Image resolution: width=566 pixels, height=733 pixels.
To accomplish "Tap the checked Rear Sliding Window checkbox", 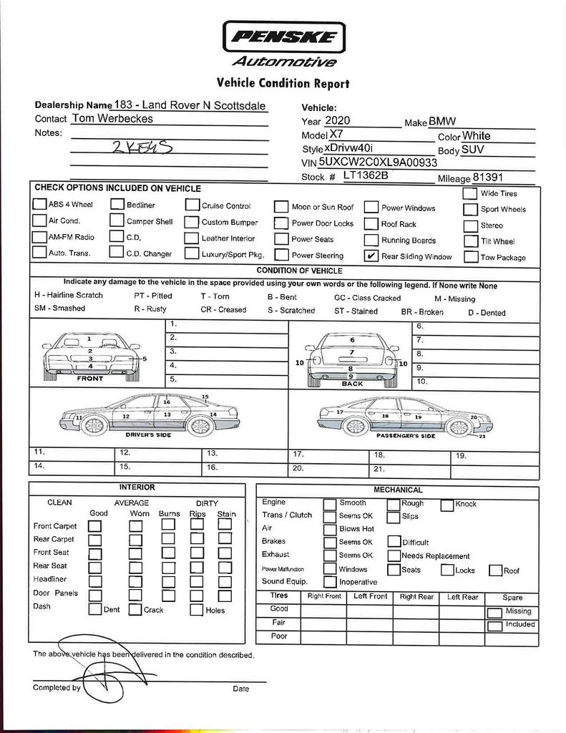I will coord(371,256).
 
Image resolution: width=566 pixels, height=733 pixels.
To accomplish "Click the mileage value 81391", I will coord(488,178).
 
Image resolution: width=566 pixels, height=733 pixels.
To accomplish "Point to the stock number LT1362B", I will coord(365,175).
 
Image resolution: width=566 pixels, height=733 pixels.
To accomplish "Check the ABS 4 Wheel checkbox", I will coord(39,205).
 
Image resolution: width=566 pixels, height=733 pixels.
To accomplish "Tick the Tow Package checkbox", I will coord(470,257).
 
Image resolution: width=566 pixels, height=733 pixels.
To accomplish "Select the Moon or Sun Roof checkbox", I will coord(281,208).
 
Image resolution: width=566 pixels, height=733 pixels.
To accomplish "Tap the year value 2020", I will coord(337,121).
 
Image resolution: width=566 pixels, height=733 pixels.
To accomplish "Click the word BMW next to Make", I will coord(442,122).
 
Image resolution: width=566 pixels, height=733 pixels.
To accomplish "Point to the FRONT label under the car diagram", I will coord(89,379).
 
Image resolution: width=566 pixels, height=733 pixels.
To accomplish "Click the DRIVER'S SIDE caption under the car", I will coord(148,435).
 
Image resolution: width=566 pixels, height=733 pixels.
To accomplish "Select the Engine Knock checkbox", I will coord(447,505).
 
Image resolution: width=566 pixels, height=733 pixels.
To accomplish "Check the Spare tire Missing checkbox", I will coord(494,613).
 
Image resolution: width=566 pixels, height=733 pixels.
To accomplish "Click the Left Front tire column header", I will coord(370,596).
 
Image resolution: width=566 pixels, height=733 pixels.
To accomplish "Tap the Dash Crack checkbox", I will coord(135,610).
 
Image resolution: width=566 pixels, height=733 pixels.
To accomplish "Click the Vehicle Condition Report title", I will coord(283,84).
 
